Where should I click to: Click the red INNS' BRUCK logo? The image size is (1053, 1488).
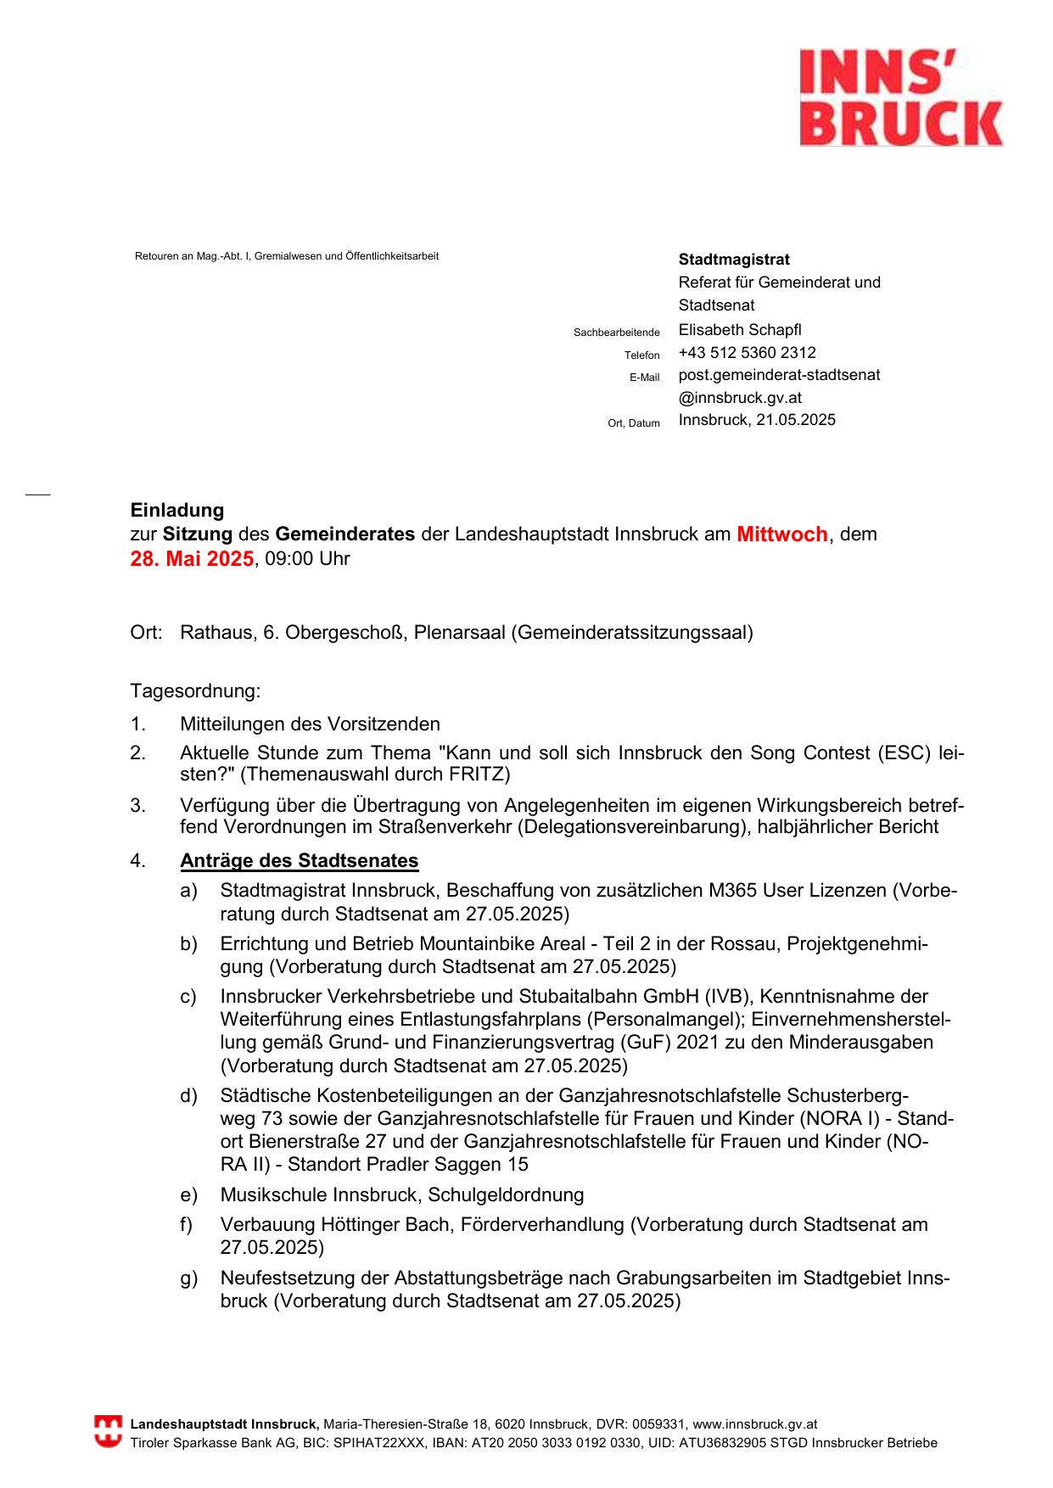coord(901,98)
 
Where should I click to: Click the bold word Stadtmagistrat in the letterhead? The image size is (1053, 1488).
coord(733,260)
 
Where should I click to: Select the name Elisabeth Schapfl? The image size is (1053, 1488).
coord(739,330)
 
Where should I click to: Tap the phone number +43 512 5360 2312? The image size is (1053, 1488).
coord(747,353)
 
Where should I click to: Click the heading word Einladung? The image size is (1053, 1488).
coord(177,511)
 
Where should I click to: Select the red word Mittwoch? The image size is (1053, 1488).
coord(781,534)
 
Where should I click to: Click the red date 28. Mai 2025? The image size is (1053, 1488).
coord(192,559)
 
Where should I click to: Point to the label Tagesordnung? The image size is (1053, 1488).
coord(195,691)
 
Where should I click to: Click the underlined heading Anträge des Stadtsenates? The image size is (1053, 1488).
coord(299,861)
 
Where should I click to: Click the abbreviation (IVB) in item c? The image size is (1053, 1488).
coord(705,997)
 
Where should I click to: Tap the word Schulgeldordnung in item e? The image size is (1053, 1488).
coord(506,1195)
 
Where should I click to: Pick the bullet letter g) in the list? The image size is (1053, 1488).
coord(188,1278)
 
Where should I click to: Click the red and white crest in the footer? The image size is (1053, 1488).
coord(108,1432)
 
